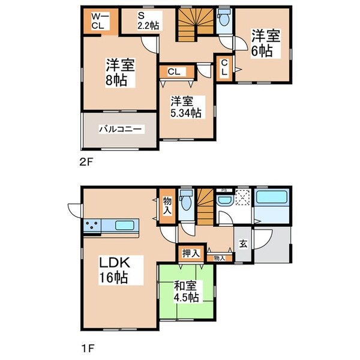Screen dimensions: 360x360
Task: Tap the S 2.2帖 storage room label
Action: pyautogui.click(x=147, y=20)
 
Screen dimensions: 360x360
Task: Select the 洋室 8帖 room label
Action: pyautogui.click(x=117, y=72)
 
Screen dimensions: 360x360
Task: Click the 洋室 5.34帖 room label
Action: pyautogui.click(x=184, y=106)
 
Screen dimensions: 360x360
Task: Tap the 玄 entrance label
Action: pyautogui.click(x=244, y=244)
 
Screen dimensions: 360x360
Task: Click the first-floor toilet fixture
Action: pyautogui.click(x=187, y=202)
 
